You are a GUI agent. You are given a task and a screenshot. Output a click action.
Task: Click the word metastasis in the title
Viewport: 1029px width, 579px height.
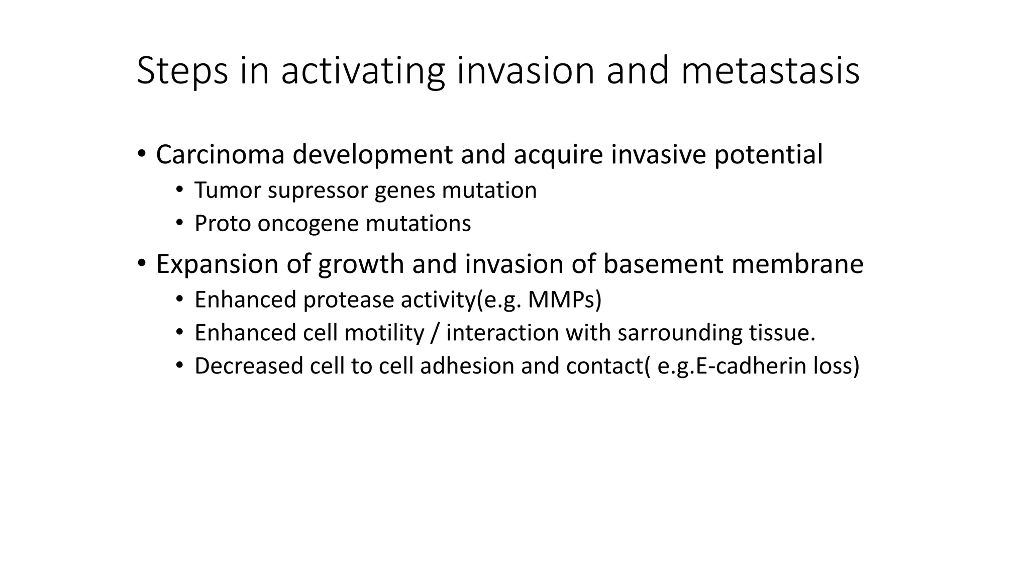coord(770,71)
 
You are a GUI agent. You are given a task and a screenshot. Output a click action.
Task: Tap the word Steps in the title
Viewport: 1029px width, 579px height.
coord(182,71)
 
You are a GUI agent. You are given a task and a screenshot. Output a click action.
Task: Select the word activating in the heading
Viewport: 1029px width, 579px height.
coord(362,71)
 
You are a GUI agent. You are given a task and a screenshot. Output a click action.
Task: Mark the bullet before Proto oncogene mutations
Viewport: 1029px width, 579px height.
coord(179,223)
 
